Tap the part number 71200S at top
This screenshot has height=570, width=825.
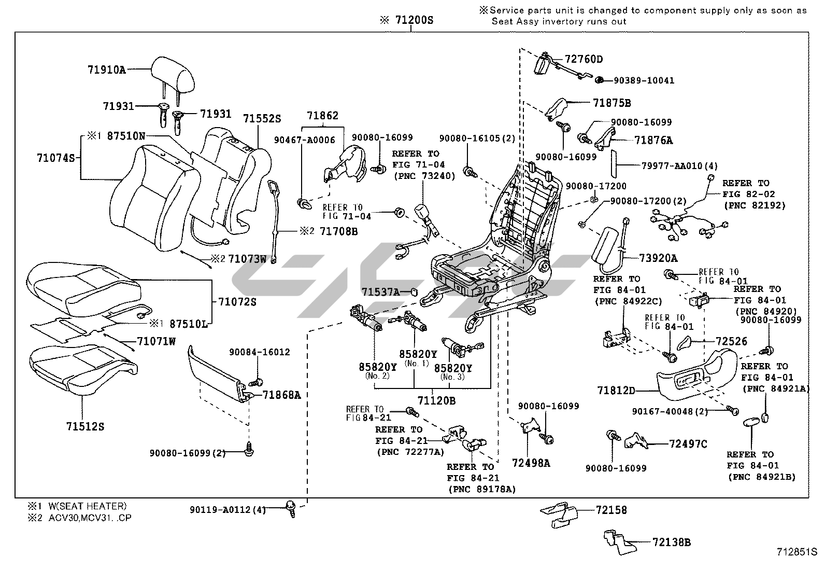(412, 21)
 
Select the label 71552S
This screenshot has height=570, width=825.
(262, 119)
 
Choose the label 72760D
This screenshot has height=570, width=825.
(584, 60)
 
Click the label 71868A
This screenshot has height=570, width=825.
(281, 395)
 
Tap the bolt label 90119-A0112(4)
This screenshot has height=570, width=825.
(228, 510)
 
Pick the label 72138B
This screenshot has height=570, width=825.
(672, 543)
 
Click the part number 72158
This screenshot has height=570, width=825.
(611, 510)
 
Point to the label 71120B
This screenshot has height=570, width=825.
(437, 401)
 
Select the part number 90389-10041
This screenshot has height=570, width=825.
(644, 80)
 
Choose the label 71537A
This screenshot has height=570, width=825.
(381, 293)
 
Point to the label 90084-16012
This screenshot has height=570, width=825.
(259, 352)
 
